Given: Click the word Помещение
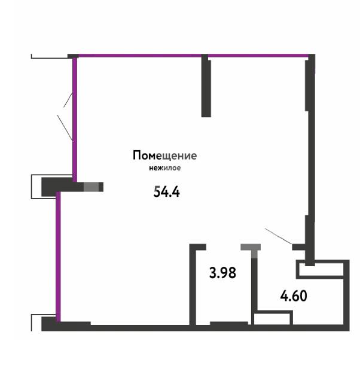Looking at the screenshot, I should point(164,156).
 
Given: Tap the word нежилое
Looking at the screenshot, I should point(164,168).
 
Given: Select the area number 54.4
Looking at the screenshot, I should point(167,192).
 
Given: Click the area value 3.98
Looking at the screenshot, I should point(222,273).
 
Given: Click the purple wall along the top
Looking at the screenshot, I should point(191,56).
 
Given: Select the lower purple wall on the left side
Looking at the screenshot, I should point(58,257).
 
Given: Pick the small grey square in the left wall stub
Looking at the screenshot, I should point(90,187).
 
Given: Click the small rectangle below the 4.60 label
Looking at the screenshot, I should point(272,318).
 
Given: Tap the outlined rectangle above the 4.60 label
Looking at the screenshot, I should point(322,270).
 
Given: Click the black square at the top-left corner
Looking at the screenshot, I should point(73,56).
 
